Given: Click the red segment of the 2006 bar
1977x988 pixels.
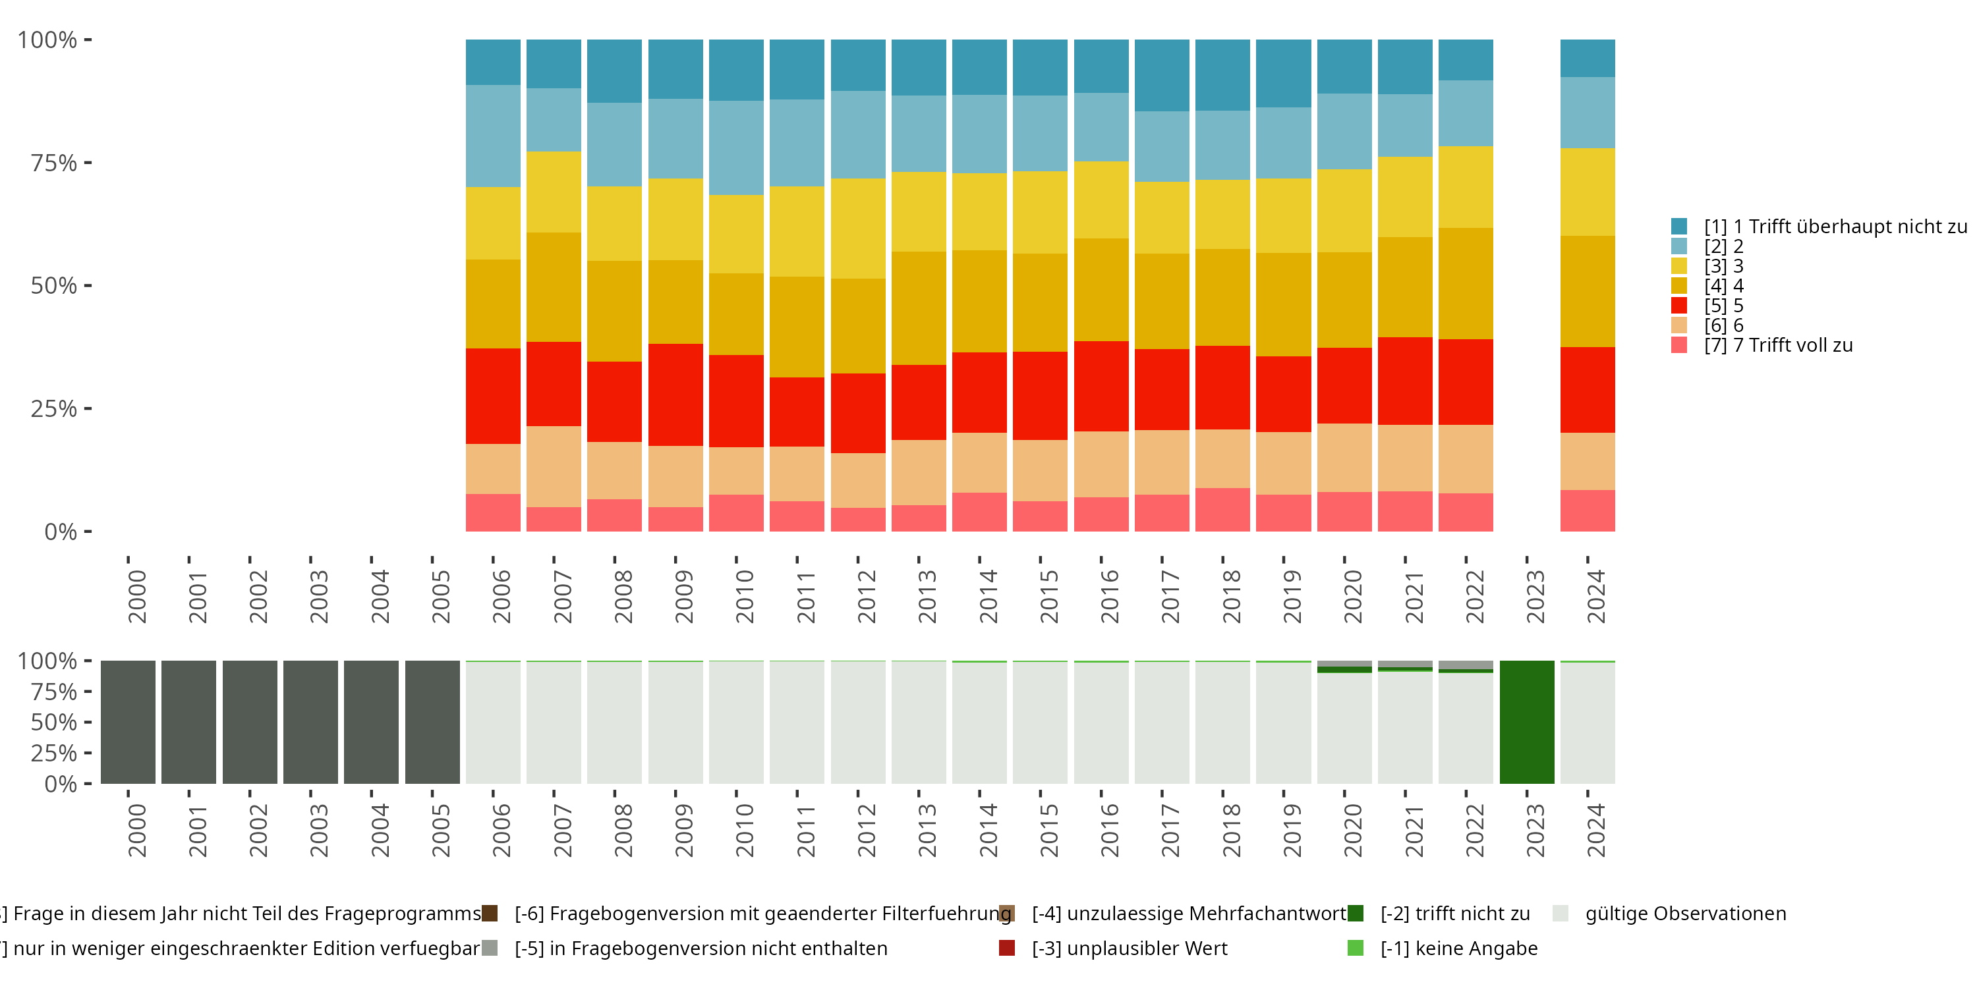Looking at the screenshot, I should [493, 396].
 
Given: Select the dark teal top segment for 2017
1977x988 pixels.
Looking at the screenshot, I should [1162, 75].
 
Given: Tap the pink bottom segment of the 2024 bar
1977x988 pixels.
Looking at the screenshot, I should [1587, 510].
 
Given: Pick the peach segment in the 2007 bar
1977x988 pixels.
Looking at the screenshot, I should [554, 466].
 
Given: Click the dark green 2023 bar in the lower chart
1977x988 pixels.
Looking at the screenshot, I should [1526, 722].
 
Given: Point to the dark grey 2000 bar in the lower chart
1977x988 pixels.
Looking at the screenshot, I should [128, 722].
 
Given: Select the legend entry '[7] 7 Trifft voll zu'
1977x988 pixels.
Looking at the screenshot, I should [1777, 345].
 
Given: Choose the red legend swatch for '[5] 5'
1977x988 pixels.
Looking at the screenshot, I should [1679, 306].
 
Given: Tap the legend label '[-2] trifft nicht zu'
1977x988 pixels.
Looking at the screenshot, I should [1454, 914].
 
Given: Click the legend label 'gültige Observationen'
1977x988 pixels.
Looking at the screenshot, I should [1685, 914].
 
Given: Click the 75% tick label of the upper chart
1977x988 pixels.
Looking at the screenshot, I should [54, 163].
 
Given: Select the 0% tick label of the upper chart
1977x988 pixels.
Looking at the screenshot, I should [61, 532].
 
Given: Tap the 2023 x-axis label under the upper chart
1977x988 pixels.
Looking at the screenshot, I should [1534, 597].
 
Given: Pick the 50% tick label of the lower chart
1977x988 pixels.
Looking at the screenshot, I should [54, 722].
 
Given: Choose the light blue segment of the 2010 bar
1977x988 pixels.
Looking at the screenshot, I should [736, 148].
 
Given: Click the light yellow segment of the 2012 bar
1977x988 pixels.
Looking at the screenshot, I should [858, 229].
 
